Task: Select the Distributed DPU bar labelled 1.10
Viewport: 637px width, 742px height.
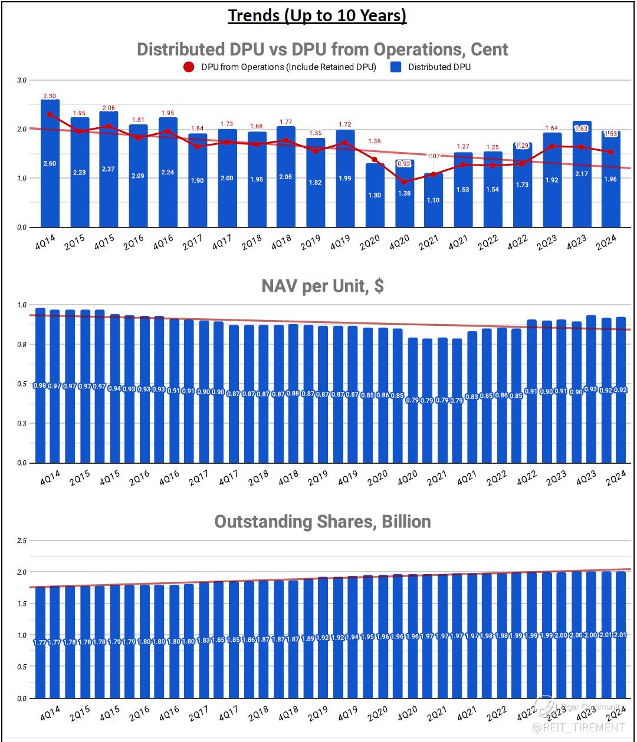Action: tap(434, 200)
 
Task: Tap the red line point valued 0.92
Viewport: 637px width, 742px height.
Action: tap(404, 182)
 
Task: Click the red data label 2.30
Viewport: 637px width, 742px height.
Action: tap(50, 96)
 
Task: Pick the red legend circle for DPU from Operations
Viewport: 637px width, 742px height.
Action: tap(189, 67)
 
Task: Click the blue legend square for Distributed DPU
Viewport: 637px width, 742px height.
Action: tap(396, 67)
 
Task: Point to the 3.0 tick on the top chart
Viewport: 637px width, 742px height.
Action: tap(22, 80)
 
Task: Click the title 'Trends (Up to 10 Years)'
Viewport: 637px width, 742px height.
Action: tap(317, 15)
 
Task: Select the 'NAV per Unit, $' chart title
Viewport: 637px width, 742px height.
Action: tap(322, 286)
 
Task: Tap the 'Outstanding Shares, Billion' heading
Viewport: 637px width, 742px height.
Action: tap(322, 522)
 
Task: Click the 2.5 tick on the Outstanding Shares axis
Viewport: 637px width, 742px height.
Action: tap(22, 540)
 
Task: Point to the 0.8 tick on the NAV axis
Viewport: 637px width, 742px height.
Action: tap(22, 344)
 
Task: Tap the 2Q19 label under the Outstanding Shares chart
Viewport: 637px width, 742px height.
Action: tap(317, 713)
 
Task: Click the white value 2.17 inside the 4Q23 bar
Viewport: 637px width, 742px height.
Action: tap(582, 174)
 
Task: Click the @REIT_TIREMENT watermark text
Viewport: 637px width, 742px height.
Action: tap(577, 728)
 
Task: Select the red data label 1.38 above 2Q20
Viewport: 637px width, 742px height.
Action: tap(375, 141)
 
